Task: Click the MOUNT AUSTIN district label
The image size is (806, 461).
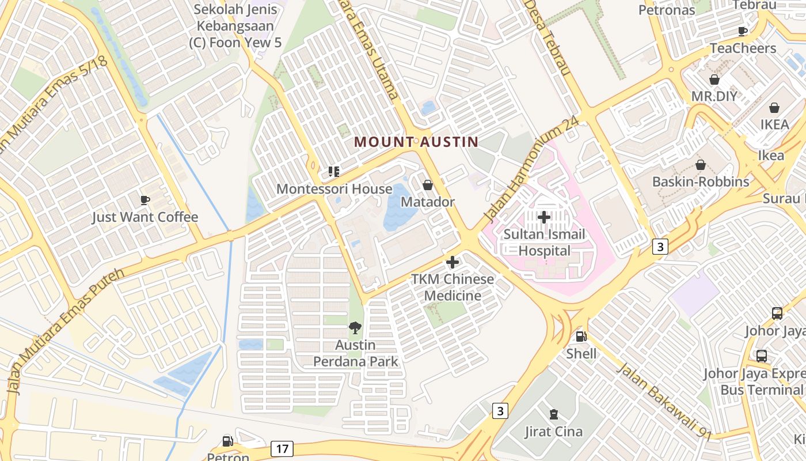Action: pos(416,142)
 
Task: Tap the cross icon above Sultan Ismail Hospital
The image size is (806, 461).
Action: pos(543,217)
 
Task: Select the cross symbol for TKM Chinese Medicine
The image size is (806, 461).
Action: pos(453,262)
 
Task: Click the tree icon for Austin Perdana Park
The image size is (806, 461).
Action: pos(355,328)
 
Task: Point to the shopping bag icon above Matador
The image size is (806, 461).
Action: pos(428,185)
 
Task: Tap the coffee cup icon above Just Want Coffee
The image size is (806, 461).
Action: pos(145,200)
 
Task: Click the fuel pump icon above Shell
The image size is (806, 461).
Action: pos(581,336)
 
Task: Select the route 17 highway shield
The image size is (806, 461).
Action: pos(282,449)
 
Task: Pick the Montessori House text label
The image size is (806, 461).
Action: pos(334,189)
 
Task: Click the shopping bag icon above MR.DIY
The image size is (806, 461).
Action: pos(714,79)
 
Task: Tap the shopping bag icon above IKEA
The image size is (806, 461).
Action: pos(774,108)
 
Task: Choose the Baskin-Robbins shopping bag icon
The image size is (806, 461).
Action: pos(701,165)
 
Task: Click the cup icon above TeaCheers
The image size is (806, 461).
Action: pos(743,31)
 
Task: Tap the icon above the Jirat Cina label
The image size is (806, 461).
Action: pos(553,414)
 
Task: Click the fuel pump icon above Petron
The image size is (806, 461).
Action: pos(228,441)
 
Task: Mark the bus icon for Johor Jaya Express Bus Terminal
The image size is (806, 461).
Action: pos(761,356)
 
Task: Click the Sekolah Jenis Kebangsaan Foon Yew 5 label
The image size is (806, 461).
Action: pos(235,26)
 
